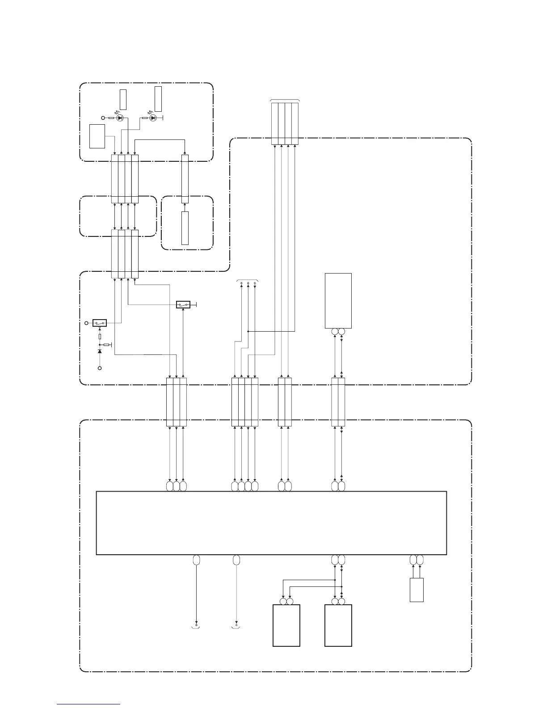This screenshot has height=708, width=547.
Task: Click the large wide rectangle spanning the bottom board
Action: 271,523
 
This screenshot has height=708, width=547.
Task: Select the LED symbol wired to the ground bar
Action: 153,118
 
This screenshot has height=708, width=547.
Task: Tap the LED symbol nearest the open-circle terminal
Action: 120,118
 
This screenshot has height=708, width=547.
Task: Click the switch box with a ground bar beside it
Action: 183,305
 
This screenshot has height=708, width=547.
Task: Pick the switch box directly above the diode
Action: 99,323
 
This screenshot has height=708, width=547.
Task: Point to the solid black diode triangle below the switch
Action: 99,351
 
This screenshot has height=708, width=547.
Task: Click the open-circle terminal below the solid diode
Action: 99,368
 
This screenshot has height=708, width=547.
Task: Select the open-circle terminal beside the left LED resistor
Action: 103,118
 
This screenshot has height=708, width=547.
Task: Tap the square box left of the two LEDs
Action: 97,136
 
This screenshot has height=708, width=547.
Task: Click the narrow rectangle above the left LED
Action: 123,99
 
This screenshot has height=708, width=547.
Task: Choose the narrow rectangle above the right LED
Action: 158,99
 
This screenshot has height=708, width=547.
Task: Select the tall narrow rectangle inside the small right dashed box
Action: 185,228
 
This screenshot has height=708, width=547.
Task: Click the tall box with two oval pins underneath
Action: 338,300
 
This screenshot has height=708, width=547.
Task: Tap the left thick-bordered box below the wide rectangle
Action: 286,625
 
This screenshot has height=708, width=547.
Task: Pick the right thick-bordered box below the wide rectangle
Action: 338,625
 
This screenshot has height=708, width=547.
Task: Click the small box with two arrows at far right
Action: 417,590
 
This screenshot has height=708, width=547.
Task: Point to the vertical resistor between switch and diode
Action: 99,337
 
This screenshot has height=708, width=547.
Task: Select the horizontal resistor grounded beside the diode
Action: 106,345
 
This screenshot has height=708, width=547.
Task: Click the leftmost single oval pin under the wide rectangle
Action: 196,560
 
